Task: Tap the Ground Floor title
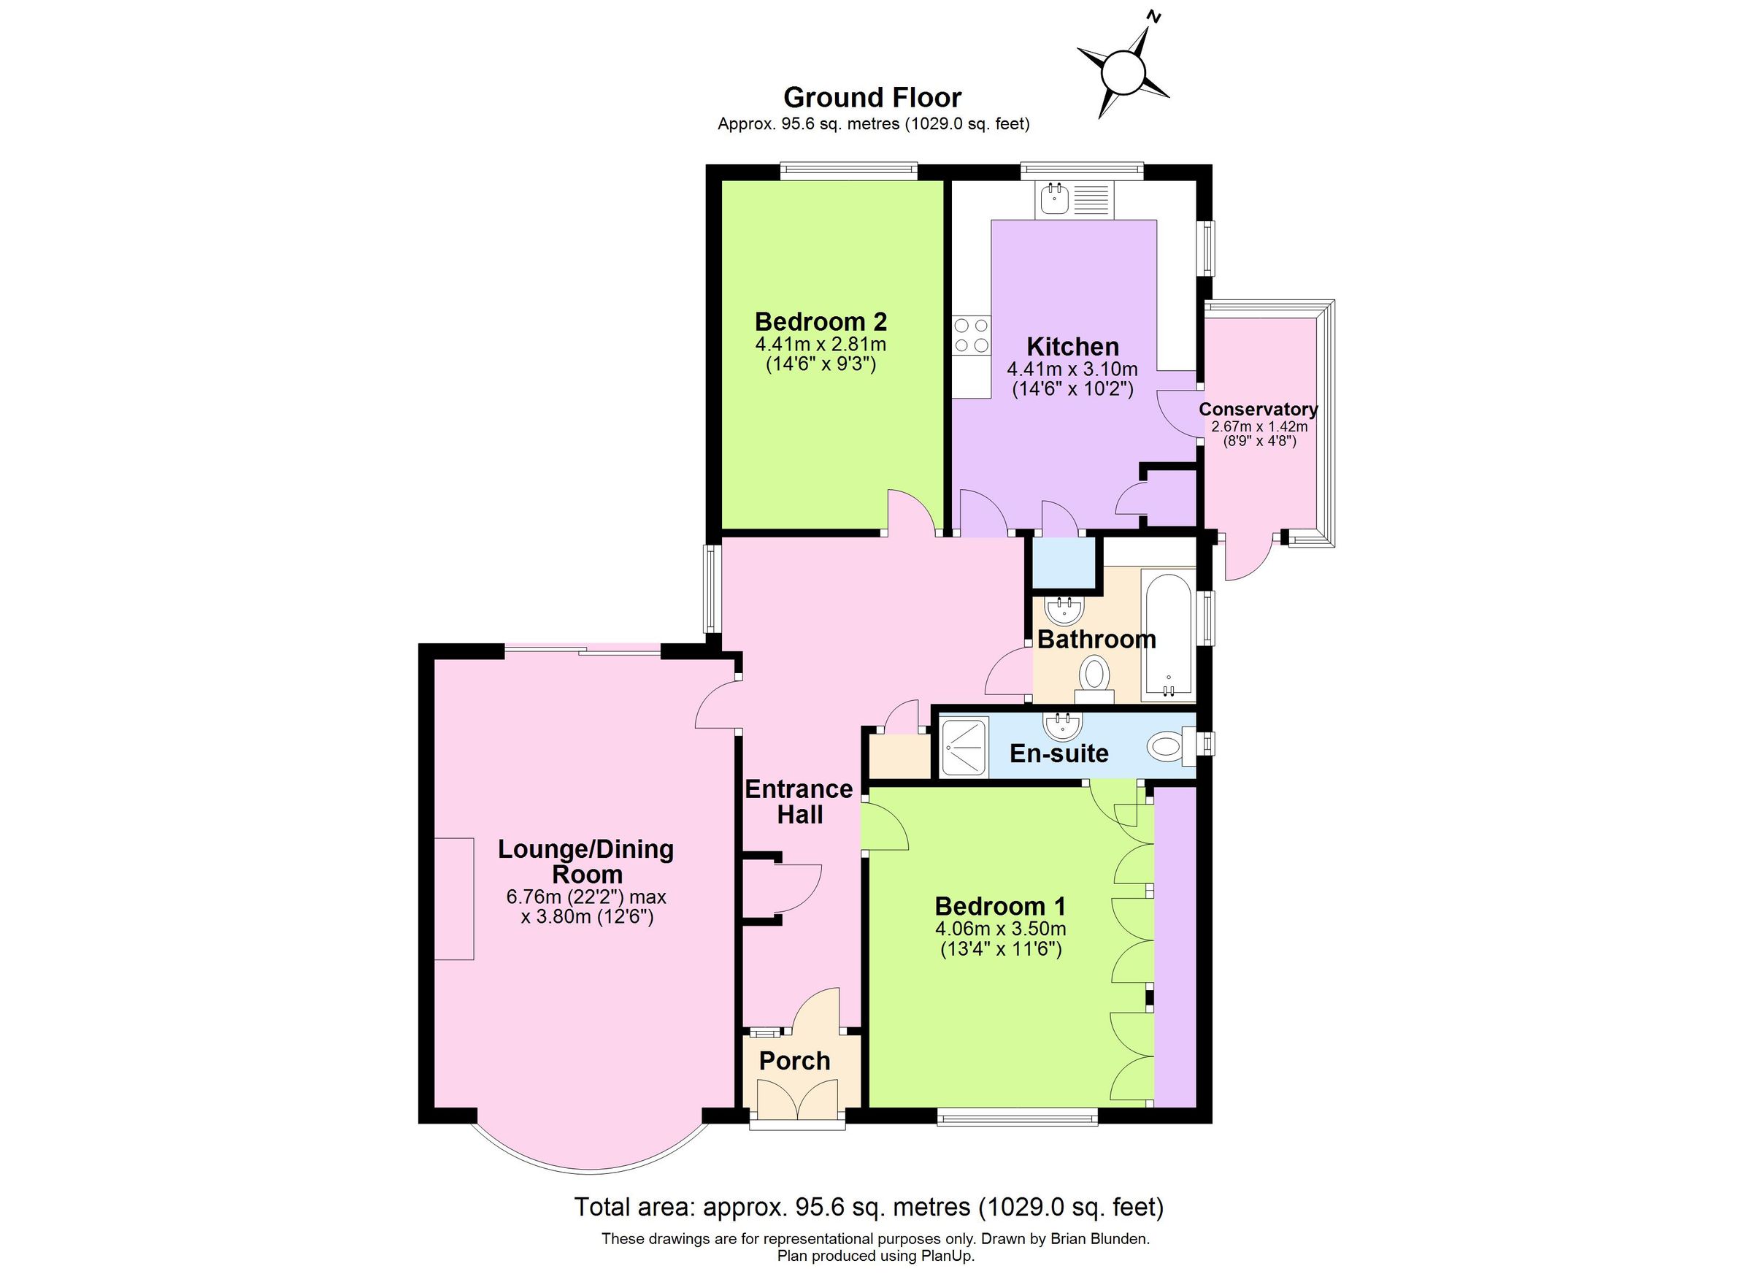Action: pos(872,98)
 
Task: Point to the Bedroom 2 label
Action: pos(821,321)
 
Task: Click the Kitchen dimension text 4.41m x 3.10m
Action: pos(1072,369)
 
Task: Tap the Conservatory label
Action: pos(1258,410)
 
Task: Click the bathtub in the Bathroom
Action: pos(1169,637)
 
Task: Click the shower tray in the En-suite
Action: pos(964,747)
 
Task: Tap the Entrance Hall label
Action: pos(799,801)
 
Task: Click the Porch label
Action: pos(794,1061)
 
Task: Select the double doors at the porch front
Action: pos(797,1098)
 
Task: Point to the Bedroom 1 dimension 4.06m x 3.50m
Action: pos(1000,929)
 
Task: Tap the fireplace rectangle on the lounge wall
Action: pos(453,899)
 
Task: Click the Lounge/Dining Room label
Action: pos(585,862)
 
